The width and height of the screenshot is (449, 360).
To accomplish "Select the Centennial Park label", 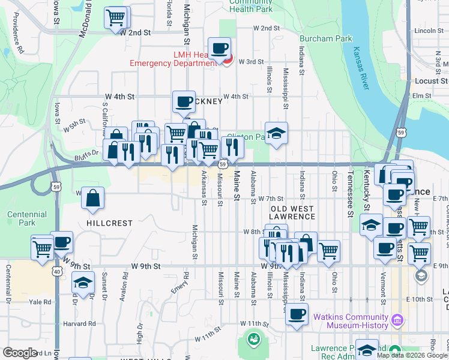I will [x=26, y=218].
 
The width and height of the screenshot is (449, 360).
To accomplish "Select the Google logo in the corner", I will [x=20, y=353].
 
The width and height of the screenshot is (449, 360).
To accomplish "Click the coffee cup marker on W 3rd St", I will [x=219, y=48].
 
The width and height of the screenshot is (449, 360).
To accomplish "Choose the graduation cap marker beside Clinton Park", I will [x=276, y=133].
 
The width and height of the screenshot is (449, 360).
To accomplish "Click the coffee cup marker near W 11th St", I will [x=296, y=314].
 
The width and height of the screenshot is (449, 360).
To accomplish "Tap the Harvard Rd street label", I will [x=83, y=323].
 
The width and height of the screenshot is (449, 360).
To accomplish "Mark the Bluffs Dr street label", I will [x=87, y=153].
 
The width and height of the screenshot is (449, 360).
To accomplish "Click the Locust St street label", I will [x=432, y=80].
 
